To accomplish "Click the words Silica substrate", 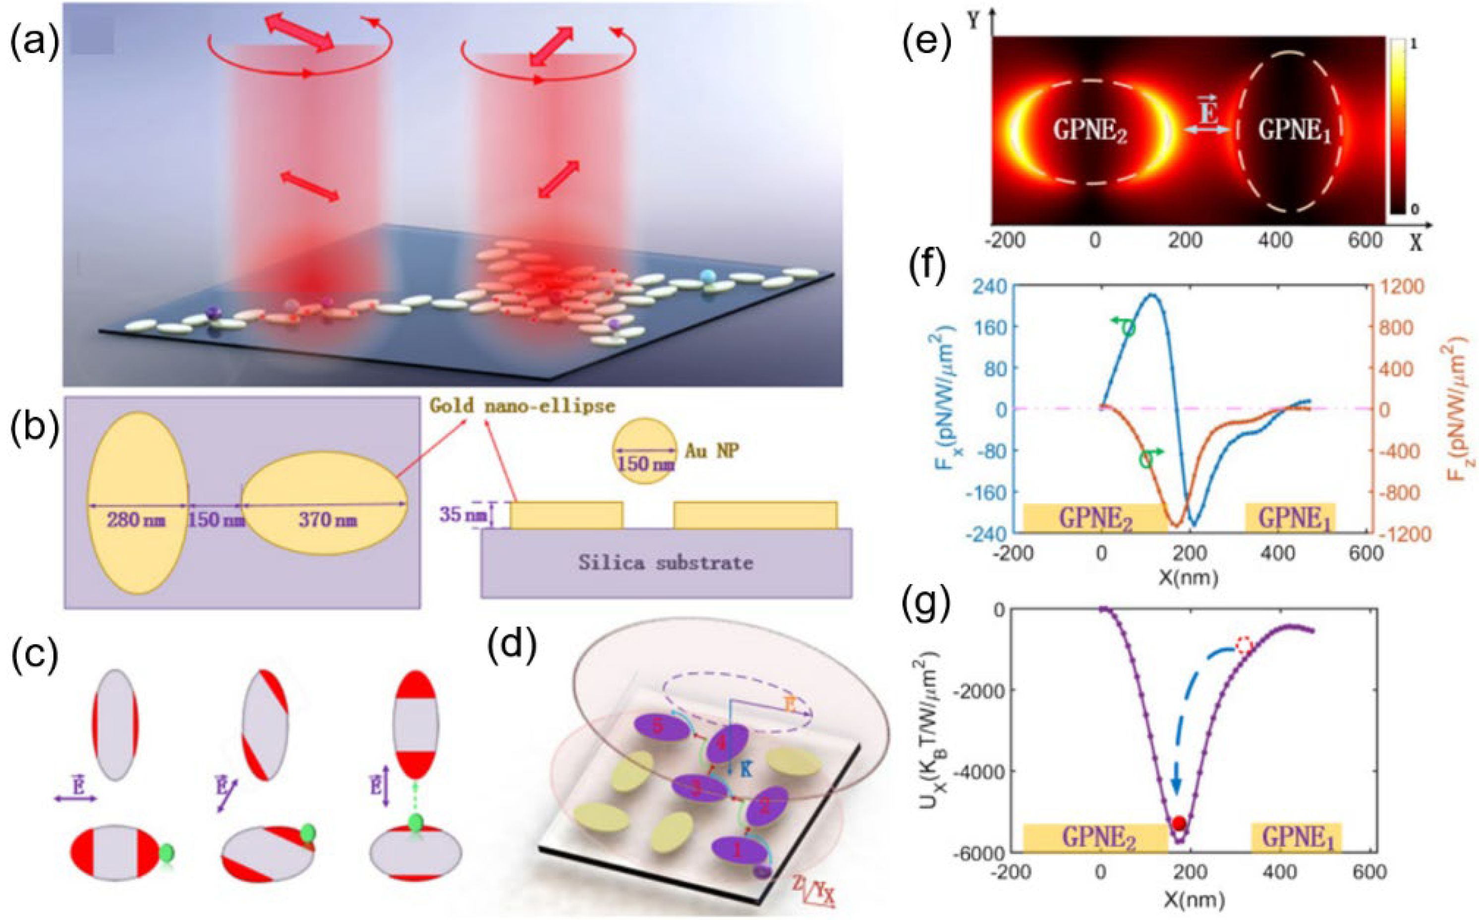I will click(666, 563).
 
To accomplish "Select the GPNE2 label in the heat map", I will click(1090, 130).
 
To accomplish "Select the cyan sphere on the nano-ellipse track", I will click(707, 276).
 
